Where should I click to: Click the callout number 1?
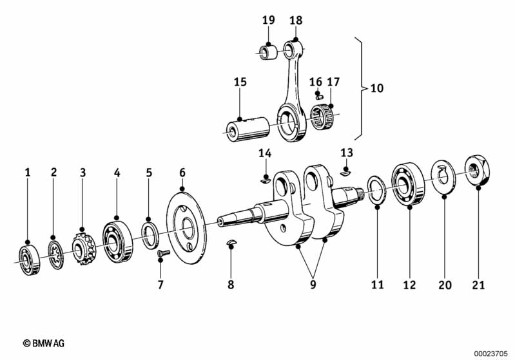coord(28,172)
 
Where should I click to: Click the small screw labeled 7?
coord(161,256)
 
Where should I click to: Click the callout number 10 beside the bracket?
coord(376,87)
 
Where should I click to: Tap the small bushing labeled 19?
coord(267,50)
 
